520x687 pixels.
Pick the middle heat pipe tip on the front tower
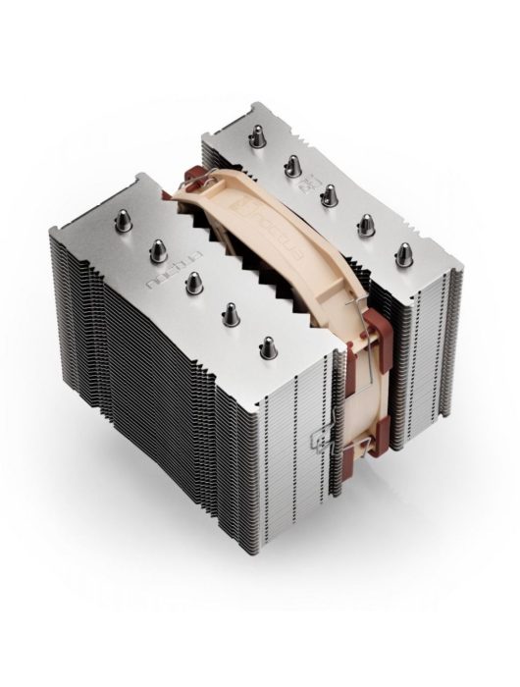190,282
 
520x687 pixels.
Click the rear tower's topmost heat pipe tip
256,137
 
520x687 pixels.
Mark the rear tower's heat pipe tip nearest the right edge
401,254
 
